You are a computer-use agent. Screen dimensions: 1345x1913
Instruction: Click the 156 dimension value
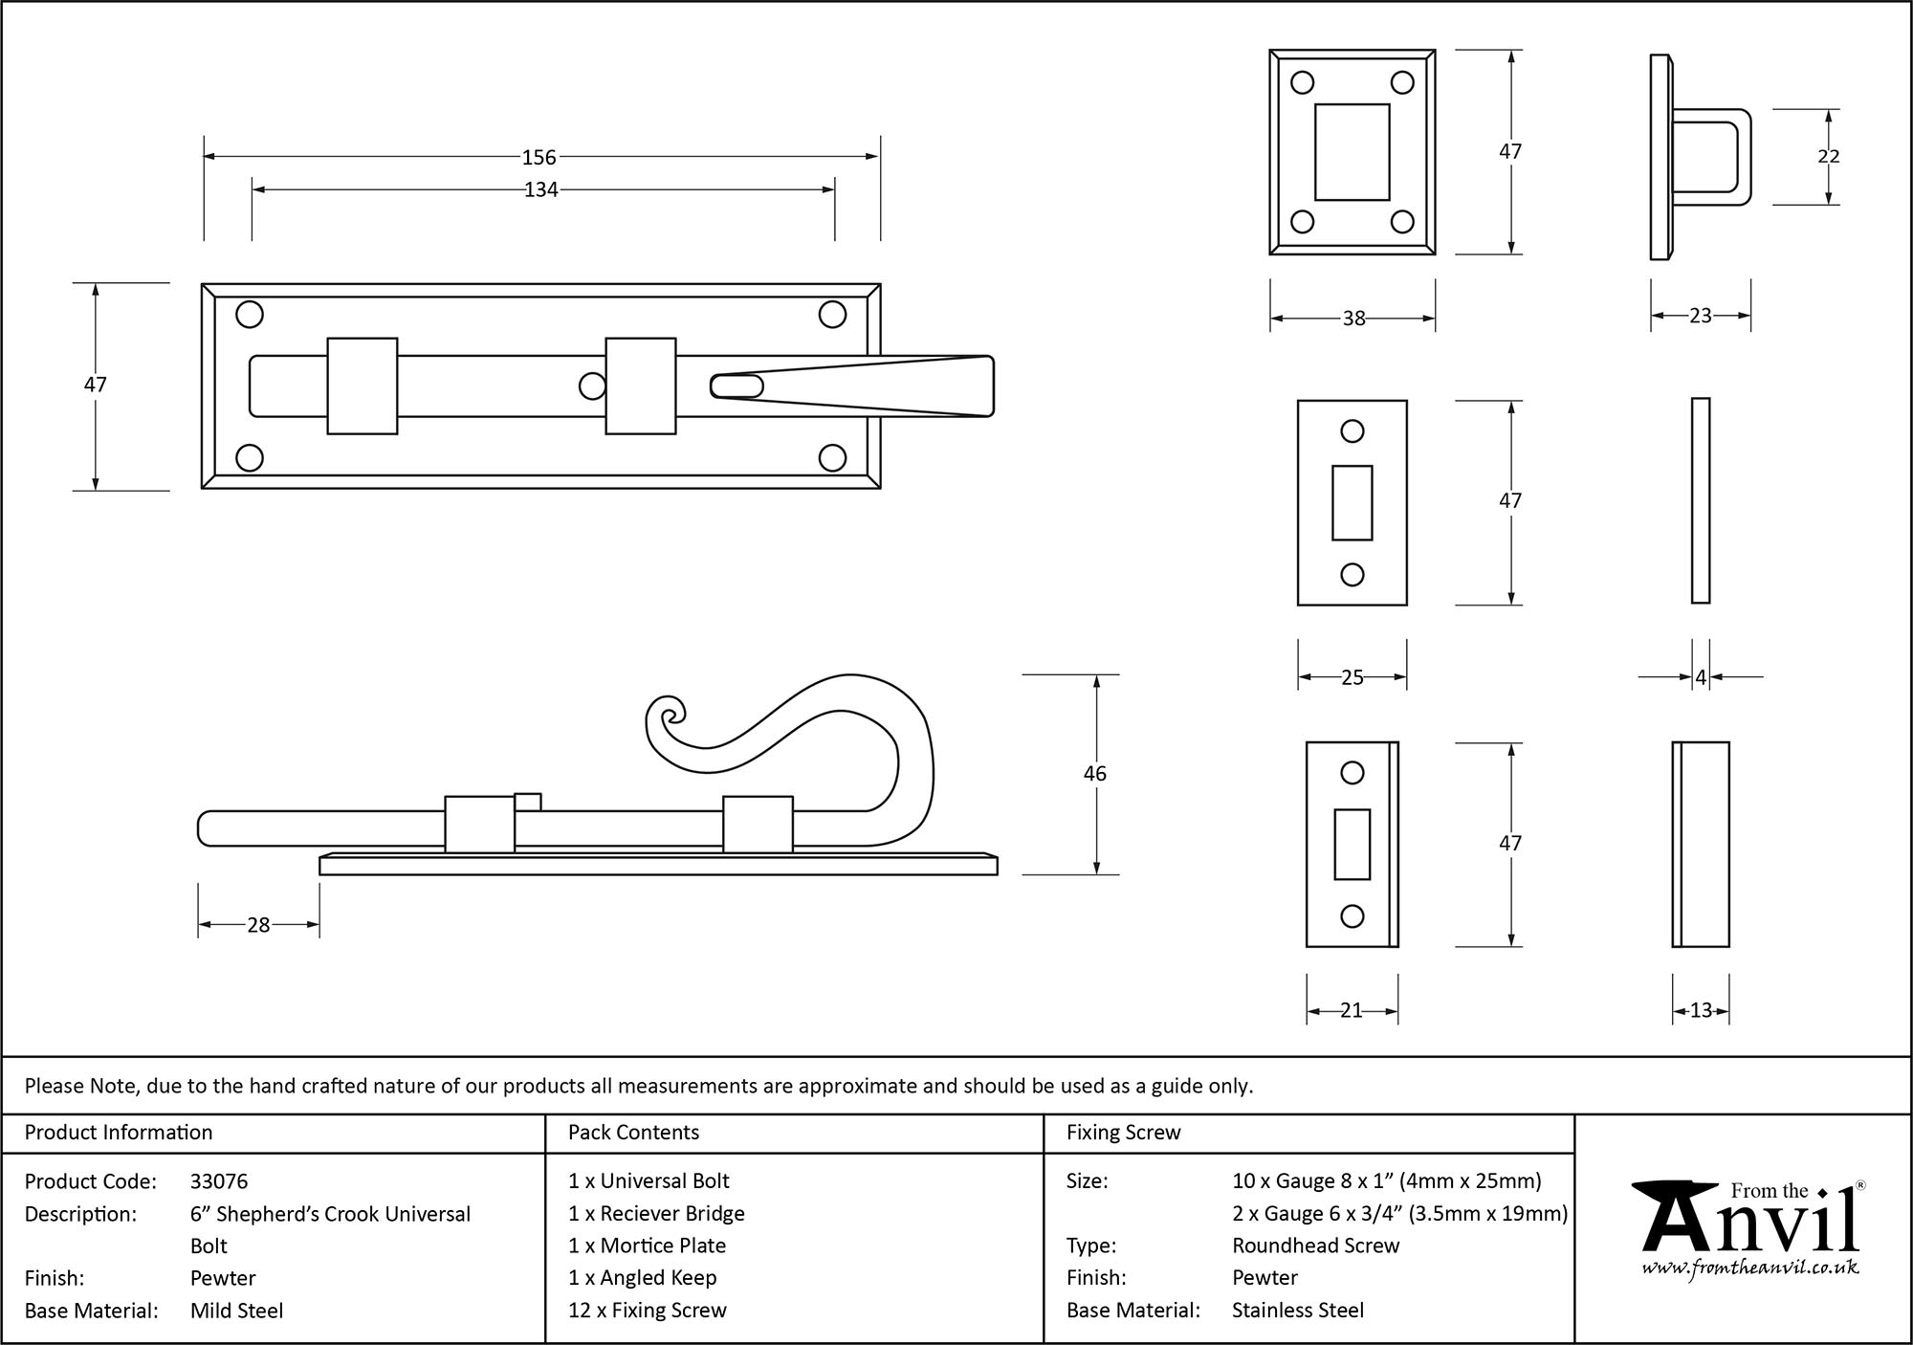click(539, 157)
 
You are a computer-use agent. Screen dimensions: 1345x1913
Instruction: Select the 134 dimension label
click(540, 190)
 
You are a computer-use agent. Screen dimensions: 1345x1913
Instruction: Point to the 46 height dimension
click(1094, 773)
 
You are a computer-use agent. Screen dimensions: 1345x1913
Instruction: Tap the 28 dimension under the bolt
click(258, 925)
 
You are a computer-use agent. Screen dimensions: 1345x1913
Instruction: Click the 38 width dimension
click(1353, 319)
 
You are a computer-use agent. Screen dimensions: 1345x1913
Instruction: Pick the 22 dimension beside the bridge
click(1828, 156)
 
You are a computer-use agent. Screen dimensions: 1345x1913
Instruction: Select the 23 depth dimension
click(1700, 316)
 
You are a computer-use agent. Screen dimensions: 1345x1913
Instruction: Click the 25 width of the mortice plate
click(1352, 677)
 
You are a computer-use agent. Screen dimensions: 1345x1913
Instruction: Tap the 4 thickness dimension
click(1700, 677)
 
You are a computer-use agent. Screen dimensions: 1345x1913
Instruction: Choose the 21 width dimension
click(1351, 1010)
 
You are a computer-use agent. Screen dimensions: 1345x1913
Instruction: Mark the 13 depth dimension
click(1700, 1010)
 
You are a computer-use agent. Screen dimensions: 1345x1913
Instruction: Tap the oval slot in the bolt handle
click(736, 386)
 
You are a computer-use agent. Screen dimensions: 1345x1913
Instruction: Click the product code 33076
click(219, 1181)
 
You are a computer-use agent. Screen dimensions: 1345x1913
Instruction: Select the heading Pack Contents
click(633, 1133)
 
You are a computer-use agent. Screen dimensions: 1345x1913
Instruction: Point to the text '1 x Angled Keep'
click(642, 1278)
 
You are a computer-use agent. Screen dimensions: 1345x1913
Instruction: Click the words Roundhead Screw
click(1315, 1246)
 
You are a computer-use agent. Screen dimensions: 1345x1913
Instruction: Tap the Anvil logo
click(1749, 1220)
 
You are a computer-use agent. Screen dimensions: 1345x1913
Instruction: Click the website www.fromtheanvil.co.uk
click(1749, 1268)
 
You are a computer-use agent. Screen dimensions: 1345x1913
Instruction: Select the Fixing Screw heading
click(1123, 1133)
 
